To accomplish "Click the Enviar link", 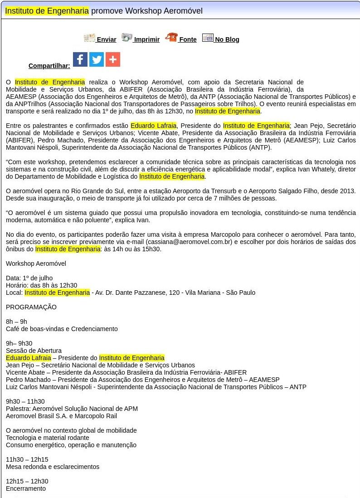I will point(106,39).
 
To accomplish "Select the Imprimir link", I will point(146,39).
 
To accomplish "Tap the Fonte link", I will point(188,39).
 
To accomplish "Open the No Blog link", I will point(227,39).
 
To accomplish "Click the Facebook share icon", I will point(80,59).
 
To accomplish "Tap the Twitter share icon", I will point(97,59).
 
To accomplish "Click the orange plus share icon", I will point(113,59).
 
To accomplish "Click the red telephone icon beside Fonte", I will point(171,38).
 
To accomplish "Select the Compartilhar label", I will point(49,66).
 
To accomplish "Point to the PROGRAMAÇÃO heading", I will point(31,307).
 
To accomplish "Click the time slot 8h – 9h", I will point(16,322).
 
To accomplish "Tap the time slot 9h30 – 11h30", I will point(25,401).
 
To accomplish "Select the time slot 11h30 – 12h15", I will point(27,459).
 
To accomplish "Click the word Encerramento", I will point(26,488).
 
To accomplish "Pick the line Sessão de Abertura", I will point(34,351).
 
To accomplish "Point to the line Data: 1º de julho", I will point(29,278).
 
